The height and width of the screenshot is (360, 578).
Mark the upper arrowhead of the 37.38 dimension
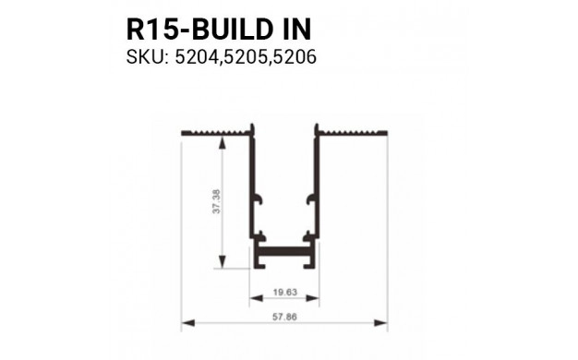[x=222, y=139]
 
